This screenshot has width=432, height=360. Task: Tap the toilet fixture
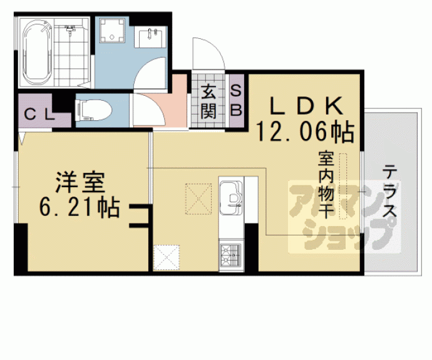click(93, 110)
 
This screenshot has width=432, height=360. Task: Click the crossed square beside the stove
click(166, 257)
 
